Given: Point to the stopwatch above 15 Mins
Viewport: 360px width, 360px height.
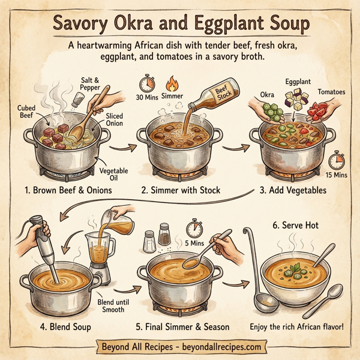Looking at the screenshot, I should (337, 158).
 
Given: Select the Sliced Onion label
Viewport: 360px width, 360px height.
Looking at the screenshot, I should (113, 118).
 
